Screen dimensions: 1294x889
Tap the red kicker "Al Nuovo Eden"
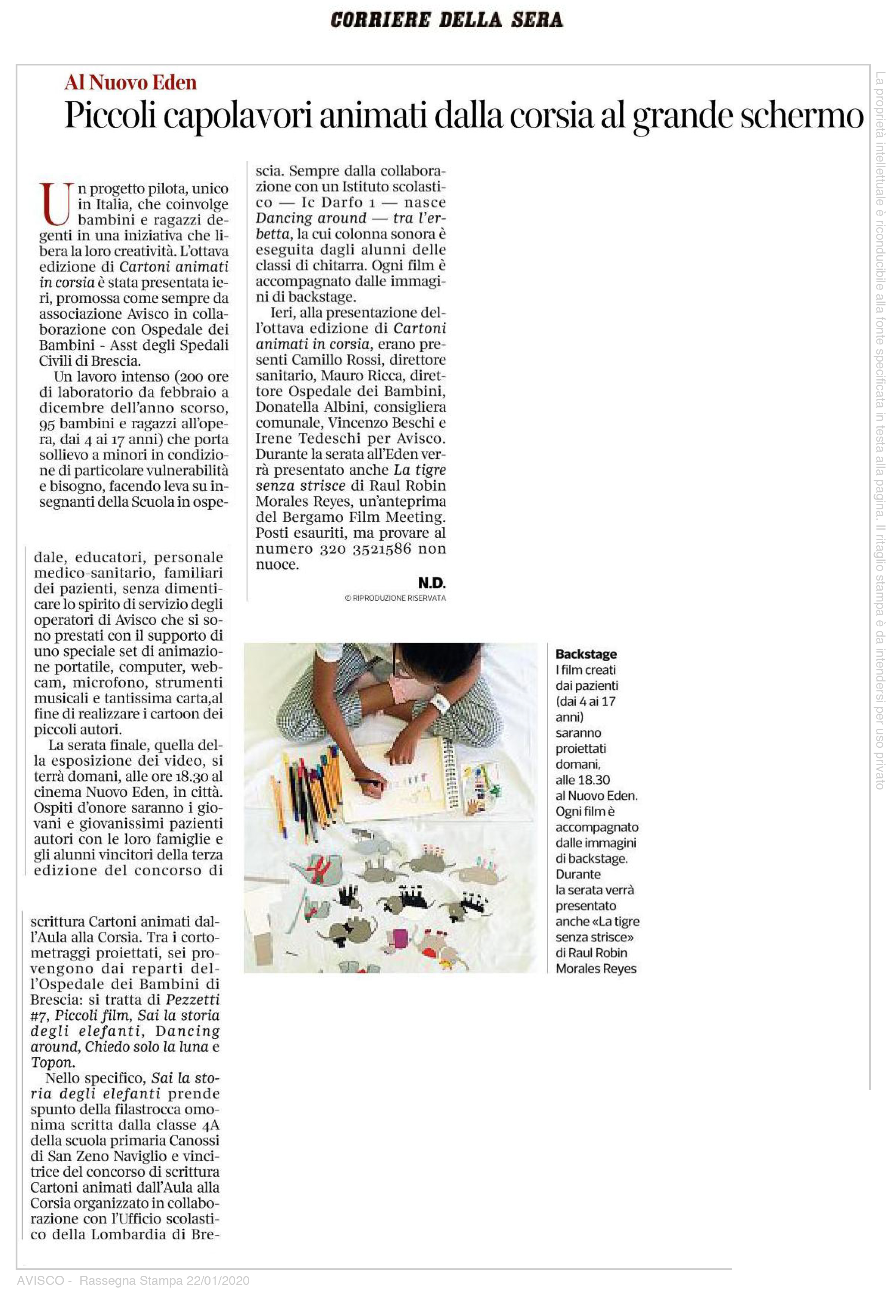pos(130,82)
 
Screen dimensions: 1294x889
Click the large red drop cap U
pos(56,202)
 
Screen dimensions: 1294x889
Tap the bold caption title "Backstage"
pos(586,654)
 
